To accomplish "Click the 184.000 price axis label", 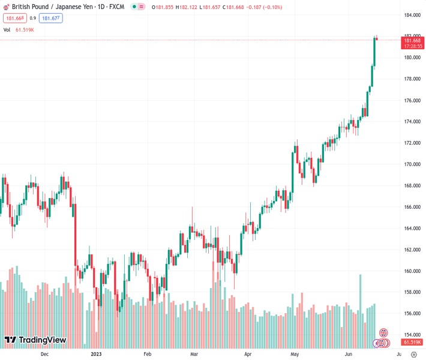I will (412, 15).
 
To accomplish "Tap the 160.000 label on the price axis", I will (412, 271).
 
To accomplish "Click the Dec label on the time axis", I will (44, 354).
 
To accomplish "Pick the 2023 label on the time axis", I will (96, 354).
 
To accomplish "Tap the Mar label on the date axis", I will (193, 354).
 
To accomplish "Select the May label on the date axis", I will (295, 354).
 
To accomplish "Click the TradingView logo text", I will (42, 340).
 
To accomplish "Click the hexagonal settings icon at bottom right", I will (383, 332).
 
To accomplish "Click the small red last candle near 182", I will (376, 39).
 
